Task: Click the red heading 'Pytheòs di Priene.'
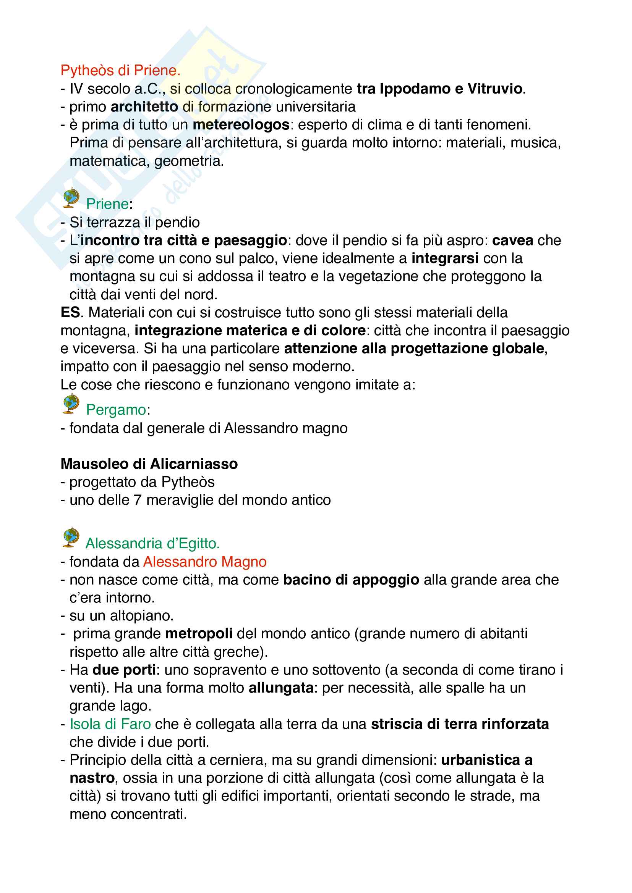click(x=120, y=70)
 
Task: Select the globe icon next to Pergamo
click(x=70, y=404)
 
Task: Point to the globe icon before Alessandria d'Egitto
click(x=70, y=538)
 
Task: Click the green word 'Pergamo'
click(x=116, y=410)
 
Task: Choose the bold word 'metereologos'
click(x=241, y=125)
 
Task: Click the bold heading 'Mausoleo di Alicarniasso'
click(x=149, y=463)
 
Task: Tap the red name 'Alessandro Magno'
click(x=205, y=562)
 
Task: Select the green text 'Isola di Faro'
click(x=110, y=724)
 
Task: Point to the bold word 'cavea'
click(x=512, y=241)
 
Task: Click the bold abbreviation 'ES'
click(x=70, y=312)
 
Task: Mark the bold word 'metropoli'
click(x=199, y=634)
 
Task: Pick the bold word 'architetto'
click(x=144, y=107)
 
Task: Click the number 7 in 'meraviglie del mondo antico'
click(x=138, y=500)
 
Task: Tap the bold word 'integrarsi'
click(x=445, y=258)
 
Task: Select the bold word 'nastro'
click(x=92, y=778)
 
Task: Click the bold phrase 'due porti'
click(x=124, y=670)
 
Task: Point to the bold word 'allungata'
click(x=281, y=688)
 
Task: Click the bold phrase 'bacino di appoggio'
click(x=351, y=580)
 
